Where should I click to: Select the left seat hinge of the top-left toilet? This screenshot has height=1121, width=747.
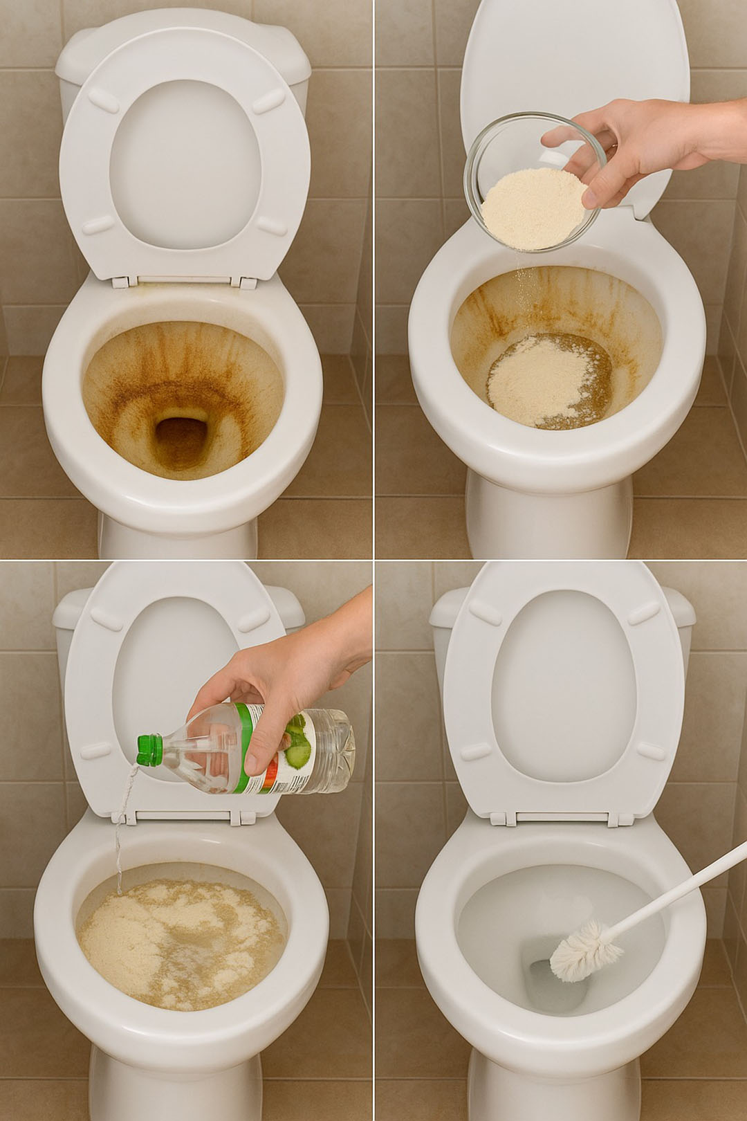coord(120,282)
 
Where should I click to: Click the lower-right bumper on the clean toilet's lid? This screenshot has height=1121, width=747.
coord(651,750)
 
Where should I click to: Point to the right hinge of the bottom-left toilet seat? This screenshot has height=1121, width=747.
coord(241,817)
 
